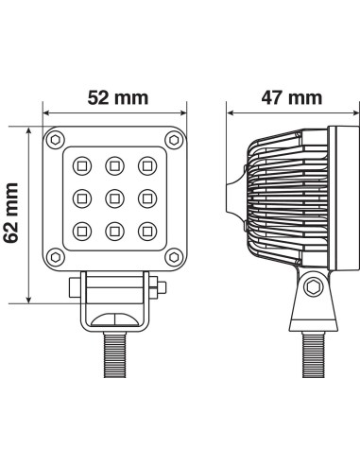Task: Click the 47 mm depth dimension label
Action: pos(290,96)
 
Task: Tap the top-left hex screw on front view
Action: pos(54,140)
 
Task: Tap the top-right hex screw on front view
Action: pos(172,140)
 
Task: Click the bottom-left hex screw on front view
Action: pos(54,257)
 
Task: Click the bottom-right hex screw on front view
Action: pos(172,257)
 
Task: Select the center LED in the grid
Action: pos(113,198)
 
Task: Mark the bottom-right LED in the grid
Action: pos(146,230)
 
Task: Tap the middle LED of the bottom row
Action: pos(113,230)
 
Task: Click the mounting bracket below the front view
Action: pos(113,301)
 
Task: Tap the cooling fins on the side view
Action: pos(283,198)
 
